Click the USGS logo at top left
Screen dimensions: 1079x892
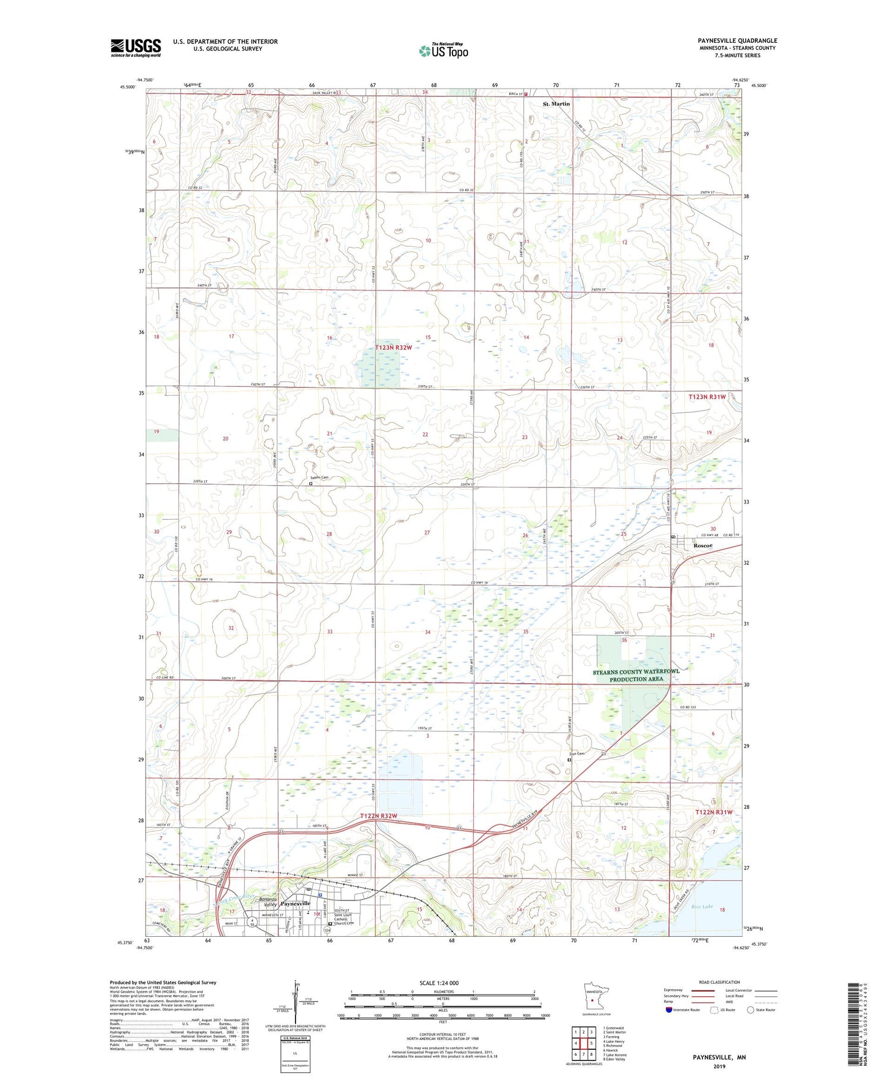click(x=136, y=48)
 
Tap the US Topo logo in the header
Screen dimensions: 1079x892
click(x=443, y=50)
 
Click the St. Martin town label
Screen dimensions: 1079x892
click(x=556, y=104)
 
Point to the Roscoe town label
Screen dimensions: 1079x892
click(x=703, y=545)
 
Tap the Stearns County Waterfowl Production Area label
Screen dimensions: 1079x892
click(x=636, y=675)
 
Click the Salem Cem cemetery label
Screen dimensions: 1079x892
click(x=318, y=478)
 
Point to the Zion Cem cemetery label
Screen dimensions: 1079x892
click(x=576, y=754)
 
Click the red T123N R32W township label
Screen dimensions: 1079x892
click(x=393, y=348)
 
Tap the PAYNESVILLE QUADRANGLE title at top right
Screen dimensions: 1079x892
click(x=737, y=41)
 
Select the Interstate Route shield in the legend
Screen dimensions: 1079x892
click(x=668, y=1010)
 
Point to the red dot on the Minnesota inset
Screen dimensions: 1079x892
click(x=592, y=1000)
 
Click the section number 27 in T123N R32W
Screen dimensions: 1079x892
click(x=426, y=533)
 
